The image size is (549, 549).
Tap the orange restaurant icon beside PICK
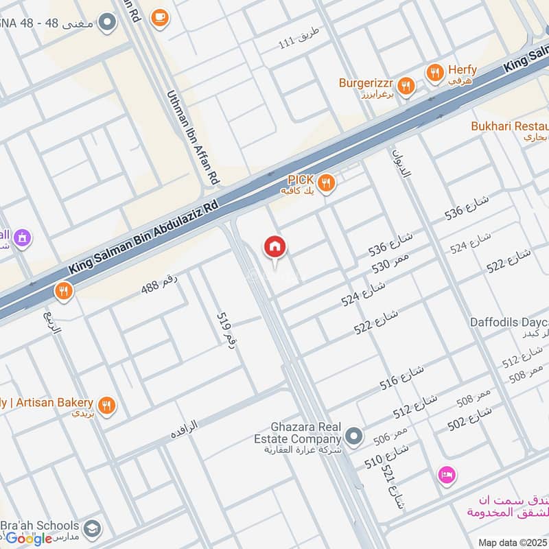pyautogui.click(x=327, y=183)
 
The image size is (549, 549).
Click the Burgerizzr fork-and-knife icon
pyautogui.click(x=407, y=86)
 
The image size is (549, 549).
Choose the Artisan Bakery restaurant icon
pyautogui.click(x=106, y=406)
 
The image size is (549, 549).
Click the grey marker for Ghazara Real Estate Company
pyautogui.click(x=353, y=436)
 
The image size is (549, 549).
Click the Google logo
pyautogui.click(x=29, y=538)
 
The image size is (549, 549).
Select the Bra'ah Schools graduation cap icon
pyautogui.click(x=91, y=529)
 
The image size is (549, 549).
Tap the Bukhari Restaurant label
pyautogui.click(x=510, y=127)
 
